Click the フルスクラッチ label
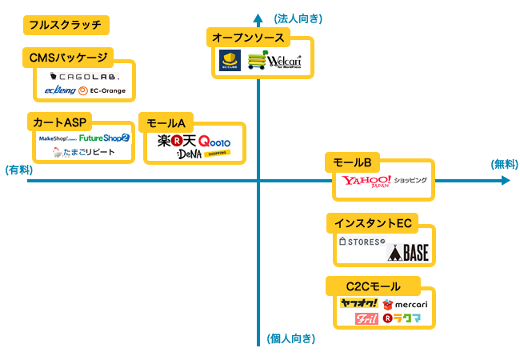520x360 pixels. coord(66,25)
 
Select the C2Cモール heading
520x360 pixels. coord(373,286)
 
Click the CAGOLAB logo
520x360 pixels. coord(84,77)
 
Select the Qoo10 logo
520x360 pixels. coord(214,141)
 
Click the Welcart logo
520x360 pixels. coord(282,62)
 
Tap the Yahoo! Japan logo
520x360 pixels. coord(367,182)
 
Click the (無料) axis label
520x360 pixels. coord(506,163)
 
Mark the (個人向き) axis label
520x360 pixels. coord(290,339)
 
